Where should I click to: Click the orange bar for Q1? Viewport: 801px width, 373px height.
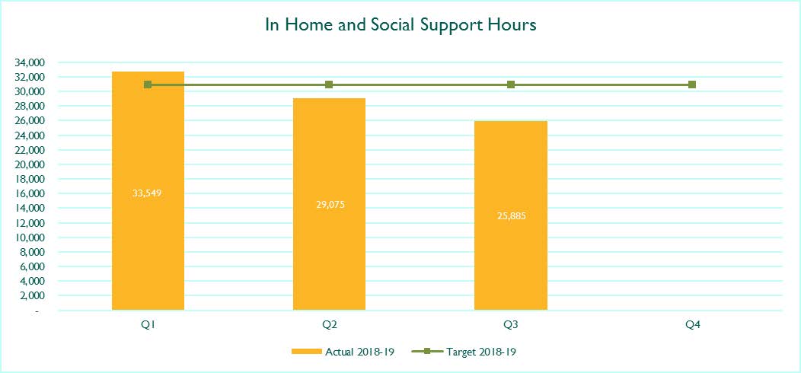tap(148, 190)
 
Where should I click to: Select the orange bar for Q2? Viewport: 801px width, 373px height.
tap(329, 204)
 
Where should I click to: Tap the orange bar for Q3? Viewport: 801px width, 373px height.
tap(511, 215)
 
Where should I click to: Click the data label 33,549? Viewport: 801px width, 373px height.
tap(148, 193)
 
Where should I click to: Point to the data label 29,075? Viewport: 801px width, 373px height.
tap(329, 205)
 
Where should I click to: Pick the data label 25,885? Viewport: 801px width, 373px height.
tap(511, 215)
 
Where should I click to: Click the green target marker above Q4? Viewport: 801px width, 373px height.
tap(691, 84)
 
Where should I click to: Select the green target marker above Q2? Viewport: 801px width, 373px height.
tap(329, 84)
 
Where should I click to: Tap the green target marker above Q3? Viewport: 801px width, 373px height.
tap(511, 84)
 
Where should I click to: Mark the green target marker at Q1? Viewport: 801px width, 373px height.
tap(148, 84)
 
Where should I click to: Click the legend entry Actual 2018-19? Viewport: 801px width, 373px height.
tap(343, 352)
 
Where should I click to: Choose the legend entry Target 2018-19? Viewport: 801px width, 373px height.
tap(468, 352)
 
